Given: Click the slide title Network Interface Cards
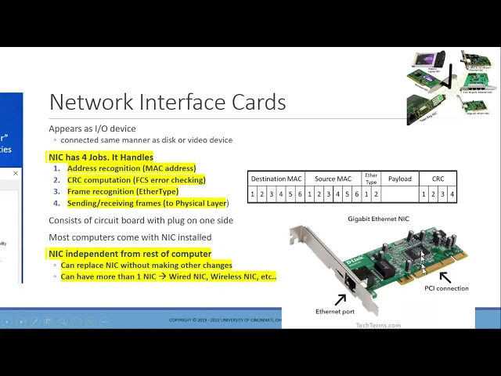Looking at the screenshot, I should pos(167,103).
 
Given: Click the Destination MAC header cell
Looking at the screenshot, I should pos(276,179).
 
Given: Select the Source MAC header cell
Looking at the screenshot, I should pos(333,179).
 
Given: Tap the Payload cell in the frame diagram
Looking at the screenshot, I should pos(399,179).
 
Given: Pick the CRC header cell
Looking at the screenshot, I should pos(438,179).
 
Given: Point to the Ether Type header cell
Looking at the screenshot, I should pos(371,179).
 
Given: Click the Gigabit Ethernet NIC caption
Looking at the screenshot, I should pos(378,219).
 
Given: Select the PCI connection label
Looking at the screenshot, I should pos(446,288).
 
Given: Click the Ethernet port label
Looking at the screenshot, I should pos(335,312).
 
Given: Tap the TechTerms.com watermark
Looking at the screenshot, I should pos(378,325).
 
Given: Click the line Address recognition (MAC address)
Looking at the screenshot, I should pos(131,168).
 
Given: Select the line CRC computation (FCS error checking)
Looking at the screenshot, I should pos(136,180).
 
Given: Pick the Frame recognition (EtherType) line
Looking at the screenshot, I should pos(122,191).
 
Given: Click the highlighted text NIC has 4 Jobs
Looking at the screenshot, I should pos(100,157).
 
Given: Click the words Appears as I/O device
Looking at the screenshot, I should pos(92,128).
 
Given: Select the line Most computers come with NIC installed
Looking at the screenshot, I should pos(130,237).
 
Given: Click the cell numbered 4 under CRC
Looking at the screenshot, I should pos(452,194).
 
